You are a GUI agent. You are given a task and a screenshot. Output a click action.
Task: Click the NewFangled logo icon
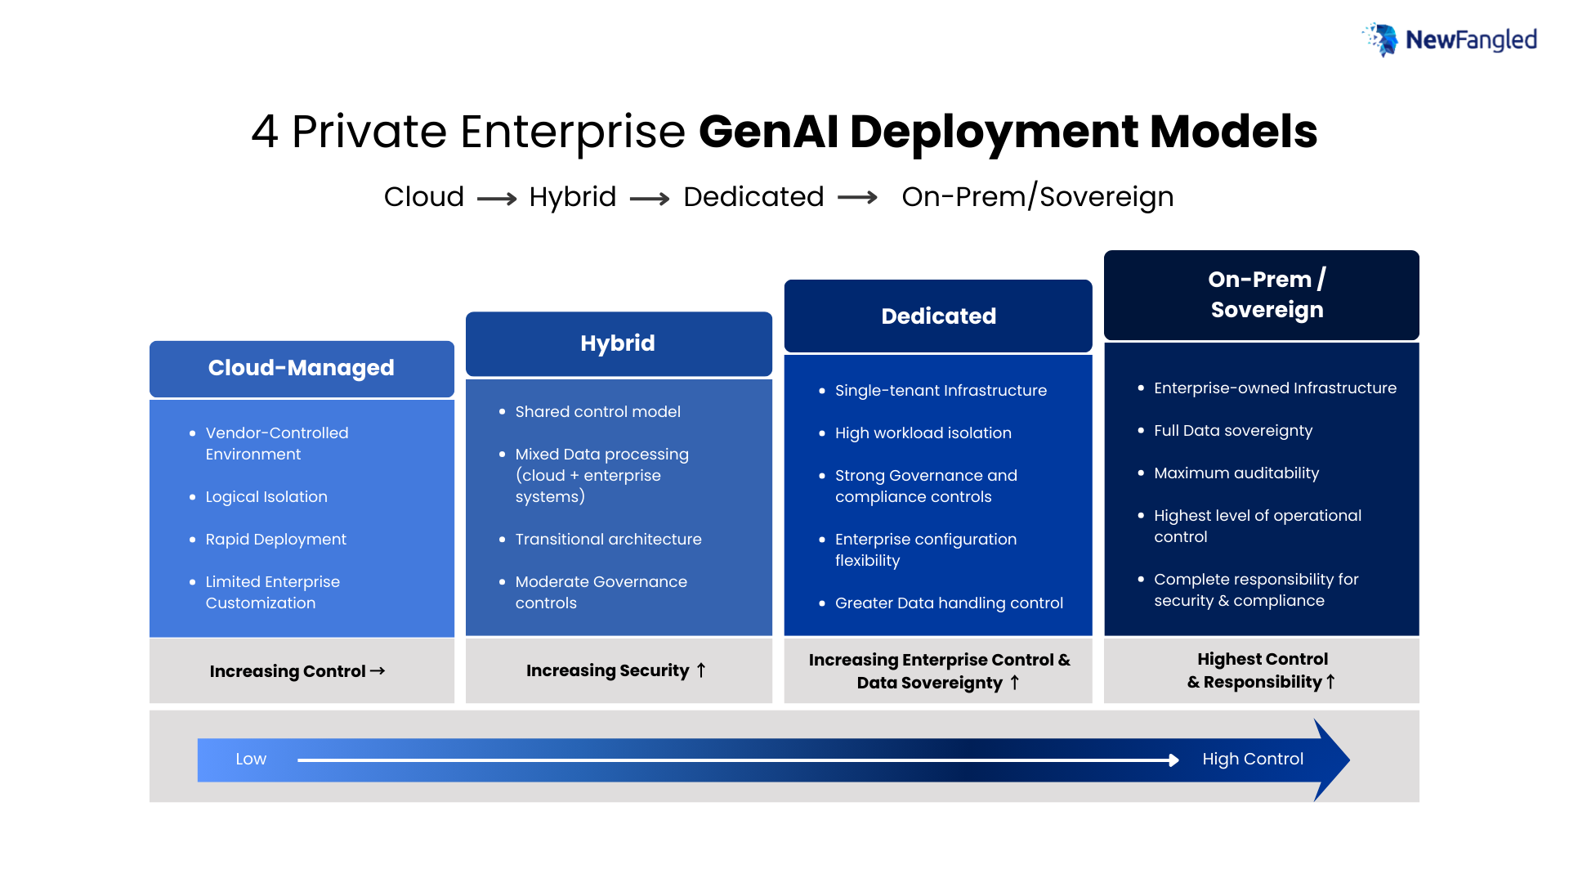(x=1382, y=39)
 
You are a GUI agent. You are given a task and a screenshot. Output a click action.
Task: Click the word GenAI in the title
(x=768, y=132)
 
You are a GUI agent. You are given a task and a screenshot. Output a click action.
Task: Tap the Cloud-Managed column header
(x=301, y=368)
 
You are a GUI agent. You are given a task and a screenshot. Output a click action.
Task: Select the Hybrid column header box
(x=618, y=343)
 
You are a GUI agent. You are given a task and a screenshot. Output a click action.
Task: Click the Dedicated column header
(x=938, y=316)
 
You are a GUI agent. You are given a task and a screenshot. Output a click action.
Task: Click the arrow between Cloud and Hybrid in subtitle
(x=497, y=199)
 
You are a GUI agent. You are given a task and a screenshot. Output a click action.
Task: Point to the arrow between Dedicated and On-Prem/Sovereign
(x=857, y=198)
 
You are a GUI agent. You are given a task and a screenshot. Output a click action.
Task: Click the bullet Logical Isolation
(x=266, y=497)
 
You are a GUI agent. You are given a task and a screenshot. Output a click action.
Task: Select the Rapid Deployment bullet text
(x=275, y=540)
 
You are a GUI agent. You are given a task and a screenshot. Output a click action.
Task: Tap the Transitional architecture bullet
(x=608, y=540)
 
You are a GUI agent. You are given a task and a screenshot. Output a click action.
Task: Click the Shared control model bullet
(x=597, y=412)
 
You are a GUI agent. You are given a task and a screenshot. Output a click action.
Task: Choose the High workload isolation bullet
(x=923, y=433)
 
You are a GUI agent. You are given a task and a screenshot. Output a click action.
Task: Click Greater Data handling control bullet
(x=949, y=603)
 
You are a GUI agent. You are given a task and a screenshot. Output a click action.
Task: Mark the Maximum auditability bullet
(x=1236, y=473)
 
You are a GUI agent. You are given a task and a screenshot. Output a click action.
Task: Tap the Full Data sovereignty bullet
(x=1232, y=431)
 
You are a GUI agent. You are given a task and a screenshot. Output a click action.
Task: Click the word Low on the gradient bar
(x=251, y=759)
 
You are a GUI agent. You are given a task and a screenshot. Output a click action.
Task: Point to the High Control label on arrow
(x=1252, y=759)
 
